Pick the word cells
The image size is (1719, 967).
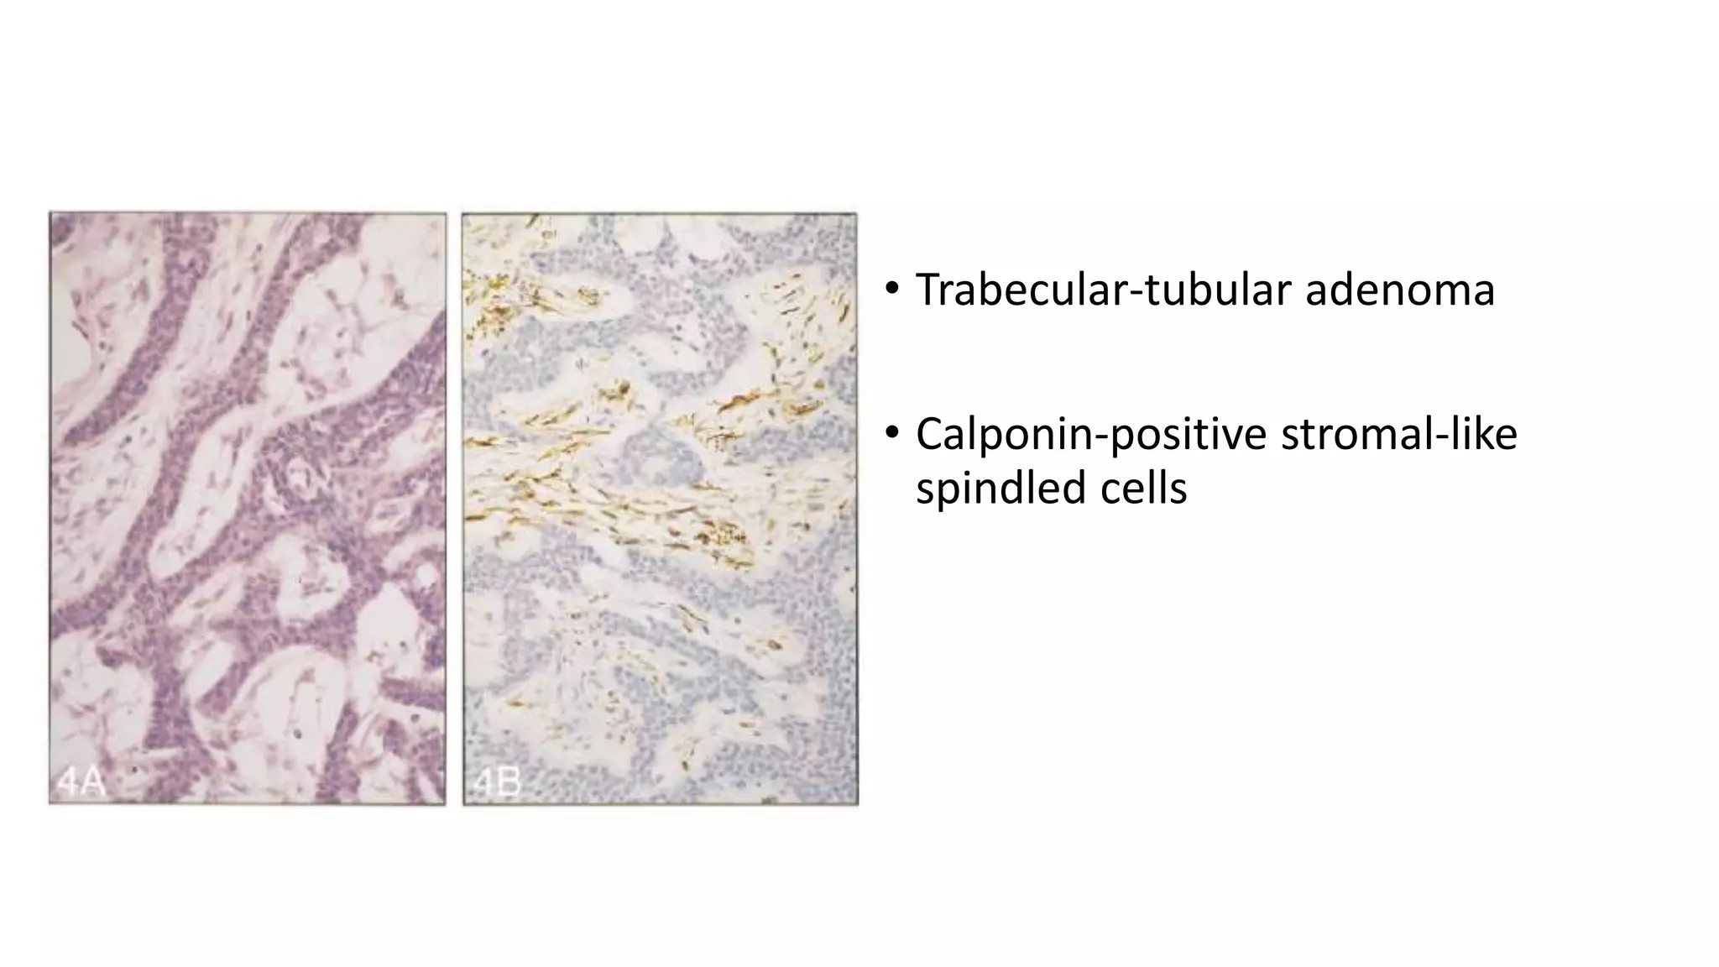1146,488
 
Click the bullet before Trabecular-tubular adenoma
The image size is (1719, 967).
891,290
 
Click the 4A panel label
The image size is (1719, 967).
81,782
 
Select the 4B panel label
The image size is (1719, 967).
497,782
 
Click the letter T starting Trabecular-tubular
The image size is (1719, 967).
927,290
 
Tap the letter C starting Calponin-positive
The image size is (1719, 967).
930,435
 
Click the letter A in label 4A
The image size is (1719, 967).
93,782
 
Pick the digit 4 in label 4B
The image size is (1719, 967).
484,782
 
